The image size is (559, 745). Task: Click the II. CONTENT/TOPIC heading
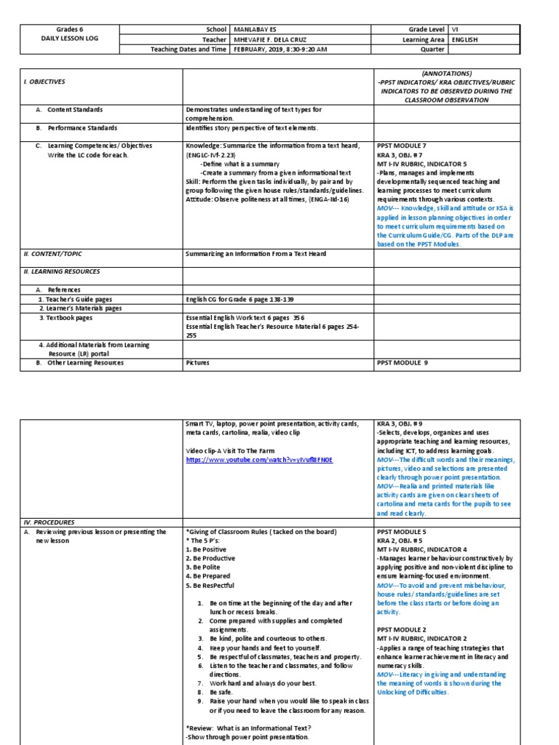pyautogui.click(x=52, y=253)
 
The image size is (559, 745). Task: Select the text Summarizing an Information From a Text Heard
pyautogui.click(x=256, y=253)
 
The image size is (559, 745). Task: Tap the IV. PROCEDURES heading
pyautogui.click(x=49, y=522)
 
